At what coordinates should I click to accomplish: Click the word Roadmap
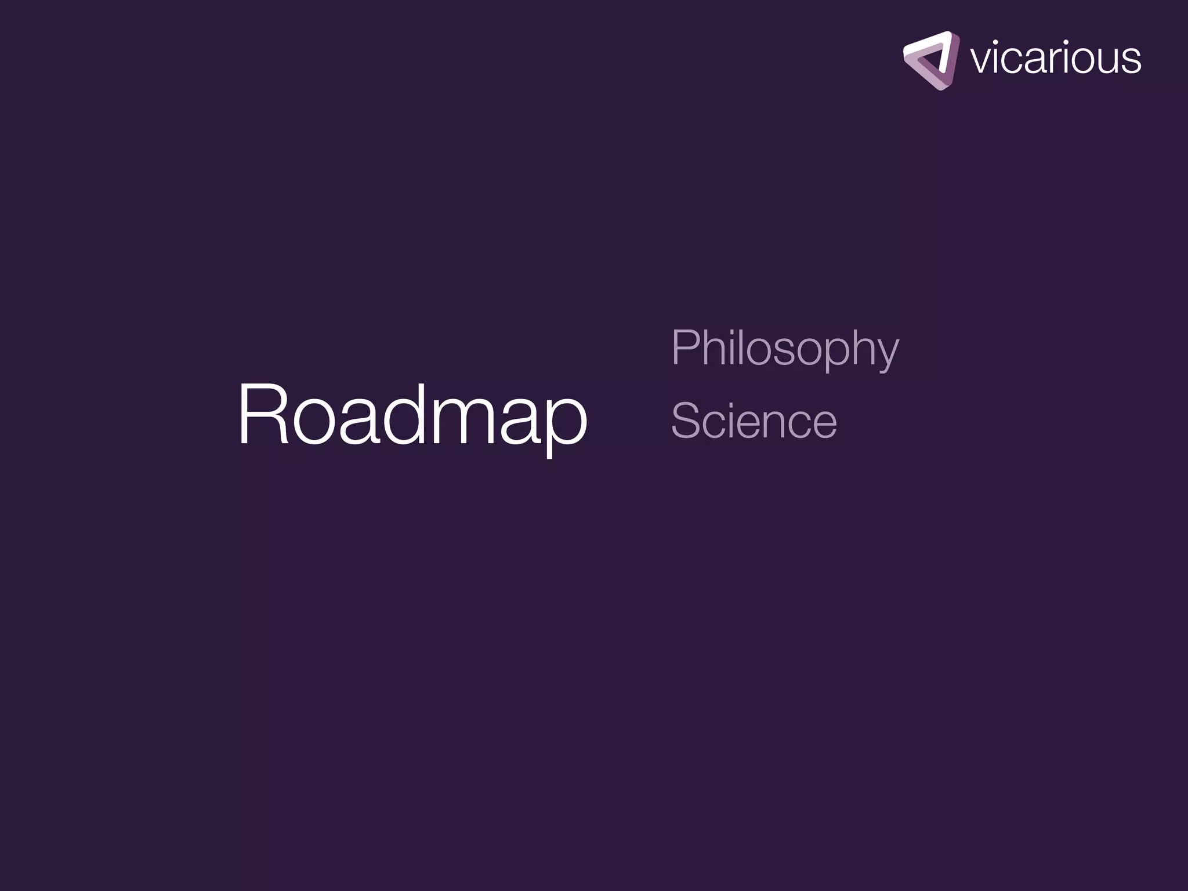pos(412,415)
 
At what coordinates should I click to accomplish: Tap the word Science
pos(754,421)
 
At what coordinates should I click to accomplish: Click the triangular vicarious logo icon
pos(930,60)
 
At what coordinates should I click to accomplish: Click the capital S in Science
pos(687,421)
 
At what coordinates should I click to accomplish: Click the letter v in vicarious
pos(980,60)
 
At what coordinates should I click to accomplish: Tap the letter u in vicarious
pos(1103,61)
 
